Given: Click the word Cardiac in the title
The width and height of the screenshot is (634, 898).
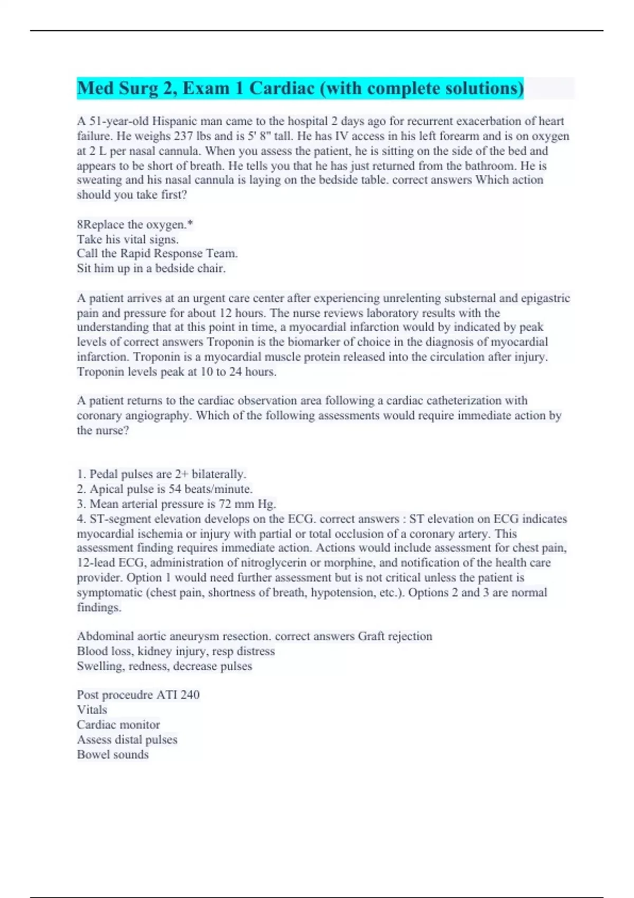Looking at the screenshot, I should pyautogui.click(x=282, y=88).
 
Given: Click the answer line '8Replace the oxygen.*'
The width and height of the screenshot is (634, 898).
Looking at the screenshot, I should pyautogui.click(x=135, y=224).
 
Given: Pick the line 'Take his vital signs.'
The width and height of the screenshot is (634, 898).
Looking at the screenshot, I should pyautogui.click(x=127, y=239).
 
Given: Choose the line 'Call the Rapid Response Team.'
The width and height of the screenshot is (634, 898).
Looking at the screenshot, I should pyautogui.click(x=157, y=254).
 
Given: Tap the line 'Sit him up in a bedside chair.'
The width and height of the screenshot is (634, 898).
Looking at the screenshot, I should pyautogui.click(x=151, y=268).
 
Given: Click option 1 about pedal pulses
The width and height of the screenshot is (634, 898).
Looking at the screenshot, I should pyautogui.click(x=161, y=474).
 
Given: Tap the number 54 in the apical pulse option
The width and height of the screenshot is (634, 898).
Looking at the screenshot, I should pyautogui.click(x=174, y=489).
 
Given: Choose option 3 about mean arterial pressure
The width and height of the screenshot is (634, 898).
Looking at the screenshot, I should pyautogui.click(x=176, y=504).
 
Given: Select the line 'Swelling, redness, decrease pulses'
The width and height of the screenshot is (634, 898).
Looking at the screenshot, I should pyautogui.click(x=164, y=666).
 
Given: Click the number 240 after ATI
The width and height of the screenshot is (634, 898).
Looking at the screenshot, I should pyautogui.click(x=190, y=695).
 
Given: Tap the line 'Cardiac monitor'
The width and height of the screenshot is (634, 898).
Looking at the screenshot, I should pyautogui.click(x=118, y=725).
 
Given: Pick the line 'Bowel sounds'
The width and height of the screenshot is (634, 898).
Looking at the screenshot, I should pyautogui.click(x=113, y=755).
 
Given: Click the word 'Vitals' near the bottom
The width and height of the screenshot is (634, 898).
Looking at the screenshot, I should pyautogui.click(x=92, y=710).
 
